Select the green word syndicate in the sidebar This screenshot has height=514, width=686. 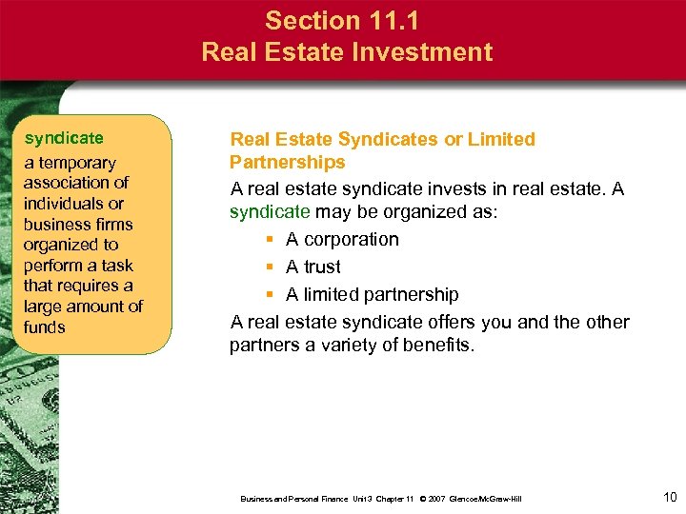click(x=64, y=139)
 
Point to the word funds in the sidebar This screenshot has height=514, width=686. click(x=45, y=326)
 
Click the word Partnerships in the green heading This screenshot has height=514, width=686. click(x=287, y=162)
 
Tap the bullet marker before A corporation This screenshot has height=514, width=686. click(x=272, y=240)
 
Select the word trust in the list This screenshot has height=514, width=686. click(x=322, y=267)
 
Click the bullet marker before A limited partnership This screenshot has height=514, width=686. click(x=272, y=295)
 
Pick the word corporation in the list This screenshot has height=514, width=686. click(x=351, y=239)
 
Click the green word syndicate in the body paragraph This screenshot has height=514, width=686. click(x=270, y=211)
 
